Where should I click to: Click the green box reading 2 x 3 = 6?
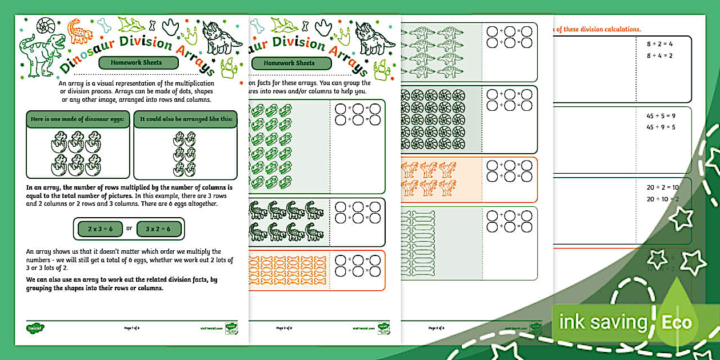pyautogui.click(x=101, y=229)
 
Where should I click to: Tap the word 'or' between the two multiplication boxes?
pyautogui.click(x=129, y=229)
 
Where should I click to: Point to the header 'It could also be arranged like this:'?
pyautogui.click(x=185, y=119)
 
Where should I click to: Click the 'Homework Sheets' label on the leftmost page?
pyautogui.click(x=136, y=62)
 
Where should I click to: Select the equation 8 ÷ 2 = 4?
pyautogui.click(x=659, y=43)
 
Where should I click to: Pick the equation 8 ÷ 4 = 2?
pyautogui.click(x=659, y=55)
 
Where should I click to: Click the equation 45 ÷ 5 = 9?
pyautogui.click(x=661, y=115)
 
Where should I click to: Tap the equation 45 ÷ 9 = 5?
pyautogui.click(x=661, y=127)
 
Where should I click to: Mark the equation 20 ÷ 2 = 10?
pyautogui.click(x=663, y=187)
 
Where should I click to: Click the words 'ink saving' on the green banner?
pyautogui.click(x=602, y=322)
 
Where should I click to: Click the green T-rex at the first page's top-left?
pyautogui.click(x=43, y=54)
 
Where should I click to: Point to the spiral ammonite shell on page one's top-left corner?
pyautogui.click(x=46, y=26)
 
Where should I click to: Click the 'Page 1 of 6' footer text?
pyautogui.click(x=132, y=329)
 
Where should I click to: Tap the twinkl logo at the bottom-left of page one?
pyautogui.click(x=35, y=329)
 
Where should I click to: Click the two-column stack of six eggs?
pyautogui.click(x=185, y=154)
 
